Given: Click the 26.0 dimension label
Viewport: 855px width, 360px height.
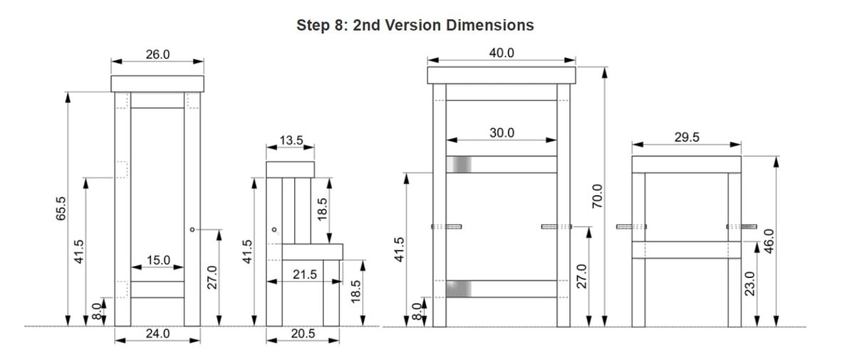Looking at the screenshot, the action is point(157,55).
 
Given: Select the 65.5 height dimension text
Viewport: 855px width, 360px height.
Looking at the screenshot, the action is point(61,208).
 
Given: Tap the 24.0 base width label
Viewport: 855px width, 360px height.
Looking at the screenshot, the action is point(157,334).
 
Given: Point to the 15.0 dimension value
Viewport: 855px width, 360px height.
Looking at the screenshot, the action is point(158,260).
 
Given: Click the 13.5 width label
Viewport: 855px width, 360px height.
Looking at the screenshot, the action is point(291,140).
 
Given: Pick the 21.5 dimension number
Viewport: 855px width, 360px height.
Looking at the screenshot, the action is point(305,274).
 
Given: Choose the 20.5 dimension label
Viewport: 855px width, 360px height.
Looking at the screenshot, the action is point(303,334).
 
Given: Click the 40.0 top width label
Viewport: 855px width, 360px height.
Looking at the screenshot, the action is point(502,53).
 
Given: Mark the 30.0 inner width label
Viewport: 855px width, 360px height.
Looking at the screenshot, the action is point(502,133).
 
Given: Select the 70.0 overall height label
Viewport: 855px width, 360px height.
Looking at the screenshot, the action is point(597,196).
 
